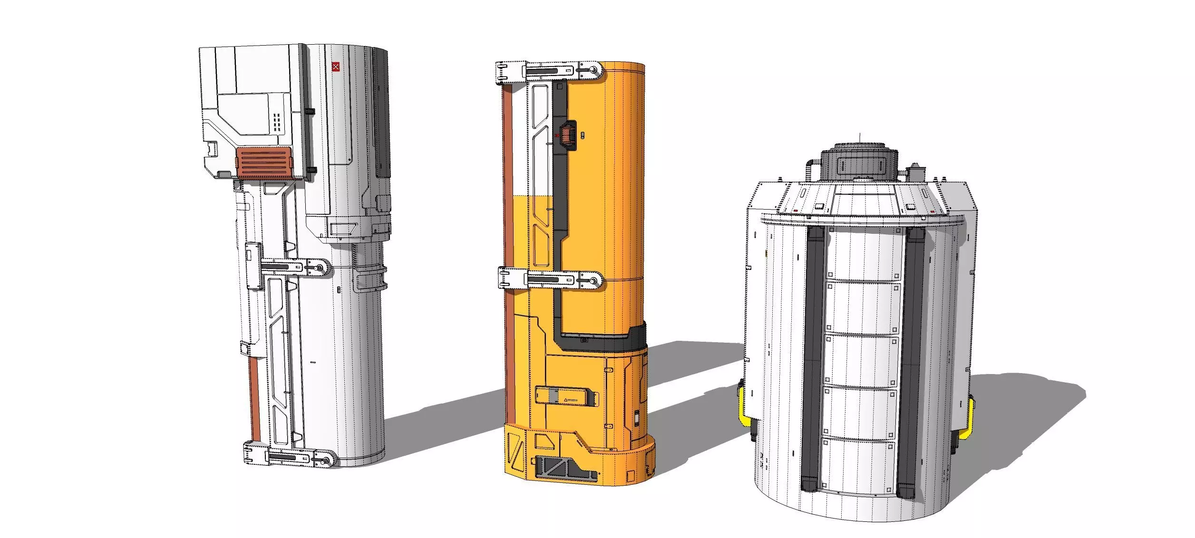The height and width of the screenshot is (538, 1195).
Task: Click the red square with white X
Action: (x=336, y=67)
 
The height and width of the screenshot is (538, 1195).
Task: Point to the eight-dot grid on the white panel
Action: (x=277, y=122)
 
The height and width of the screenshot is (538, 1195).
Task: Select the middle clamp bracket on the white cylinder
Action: (x=295, y=268)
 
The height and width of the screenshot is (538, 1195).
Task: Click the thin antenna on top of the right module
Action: (x=859, y=138)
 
